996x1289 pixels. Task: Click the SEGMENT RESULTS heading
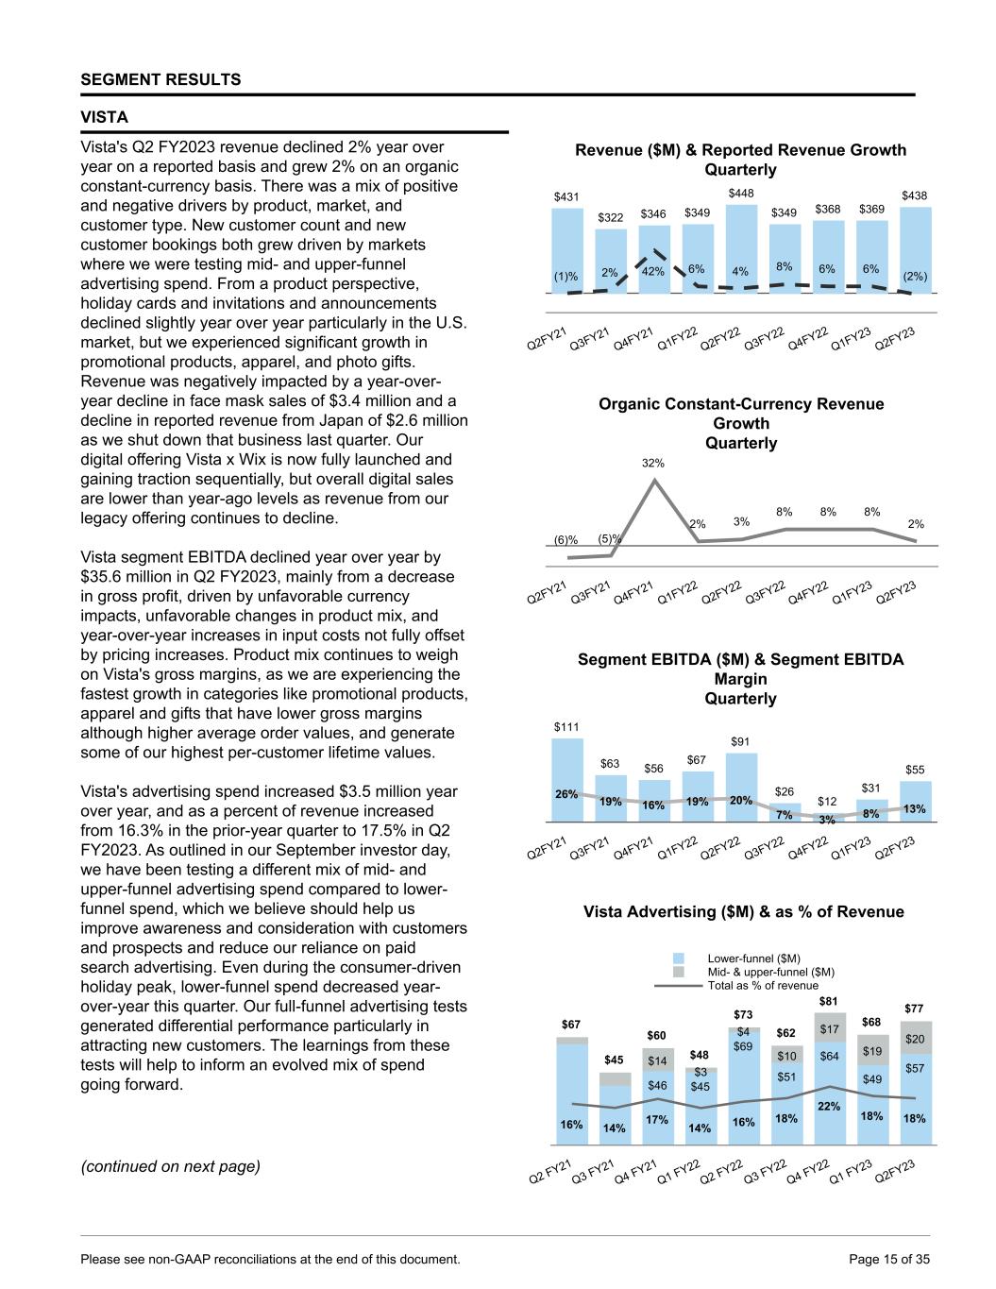[x=160, y=79]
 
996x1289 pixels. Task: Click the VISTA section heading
[x=104, y=117]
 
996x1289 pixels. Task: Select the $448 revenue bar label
[x=741, y=193]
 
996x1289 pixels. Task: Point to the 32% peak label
[x=653, y=463]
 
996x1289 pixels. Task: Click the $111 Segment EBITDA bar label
[x=566, y=727]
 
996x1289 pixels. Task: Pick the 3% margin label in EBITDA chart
[x=827, y=820]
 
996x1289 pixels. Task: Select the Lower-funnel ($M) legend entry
[x=753, y=958]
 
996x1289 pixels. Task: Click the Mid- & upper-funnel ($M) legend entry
[x=770, y=972]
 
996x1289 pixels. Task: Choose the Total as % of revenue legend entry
[x=763, y=985]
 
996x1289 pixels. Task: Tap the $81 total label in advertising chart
[x=828, y=1001]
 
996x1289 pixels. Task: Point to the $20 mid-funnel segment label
[x=915, y=1039]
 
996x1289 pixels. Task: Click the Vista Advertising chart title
[x=743, y=911]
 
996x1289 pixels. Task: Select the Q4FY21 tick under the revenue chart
[x=633, y=338]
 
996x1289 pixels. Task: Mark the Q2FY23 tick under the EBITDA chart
[x=897, y=848]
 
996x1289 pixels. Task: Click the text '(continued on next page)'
[x=170, y=1166]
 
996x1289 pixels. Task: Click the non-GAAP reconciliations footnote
[x=271, y=1259]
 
